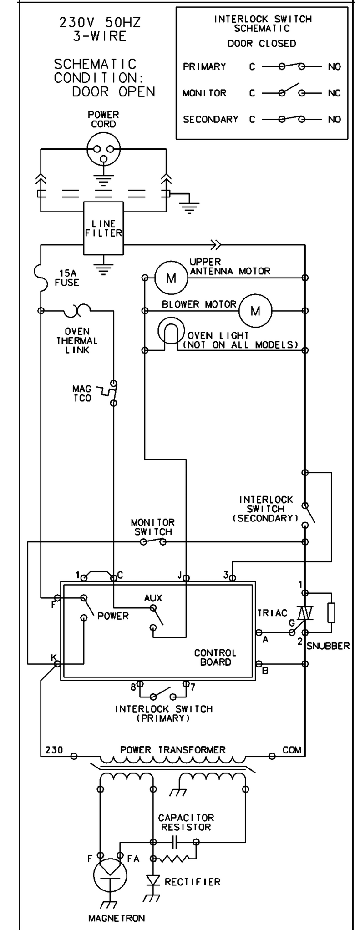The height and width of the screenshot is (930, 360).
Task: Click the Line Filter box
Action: pyautogui.click(x=103, y=228)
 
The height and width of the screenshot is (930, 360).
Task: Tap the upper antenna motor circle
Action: pyautogui.click(x=171, y=278)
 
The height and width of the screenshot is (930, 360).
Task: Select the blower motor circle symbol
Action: pyautogui.click(x=255, y=311)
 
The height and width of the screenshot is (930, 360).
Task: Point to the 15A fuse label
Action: pyautogui.click(x=67, y=278)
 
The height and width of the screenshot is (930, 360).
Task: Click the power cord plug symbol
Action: pyautogui.click(x=103, y=149)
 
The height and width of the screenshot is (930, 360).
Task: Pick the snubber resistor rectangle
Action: pyautogui.click(x=331, y=612)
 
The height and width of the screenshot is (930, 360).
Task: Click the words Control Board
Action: pyautogui.click(x=215, y=657)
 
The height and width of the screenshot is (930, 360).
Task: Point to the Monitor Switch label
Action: pyautogui.click(x=153, y=527)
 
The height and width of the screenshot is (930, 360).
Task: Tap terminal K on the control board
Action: pyautogui.click(x=58, y=664)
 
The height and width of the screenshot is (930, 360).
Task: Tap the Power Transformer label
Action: pyautogui.click(x=172, y=749)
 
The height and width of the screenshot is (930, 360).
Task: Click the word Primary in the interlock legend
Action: pyautogui.click(x=204, y=66)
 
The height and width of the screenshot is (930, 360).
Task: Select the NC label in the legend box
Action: pyautogui.click(x=334, y=93)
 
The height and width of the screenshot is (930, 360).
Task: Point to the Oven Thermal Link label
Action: pyautogui.click(x=77, y=341)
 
